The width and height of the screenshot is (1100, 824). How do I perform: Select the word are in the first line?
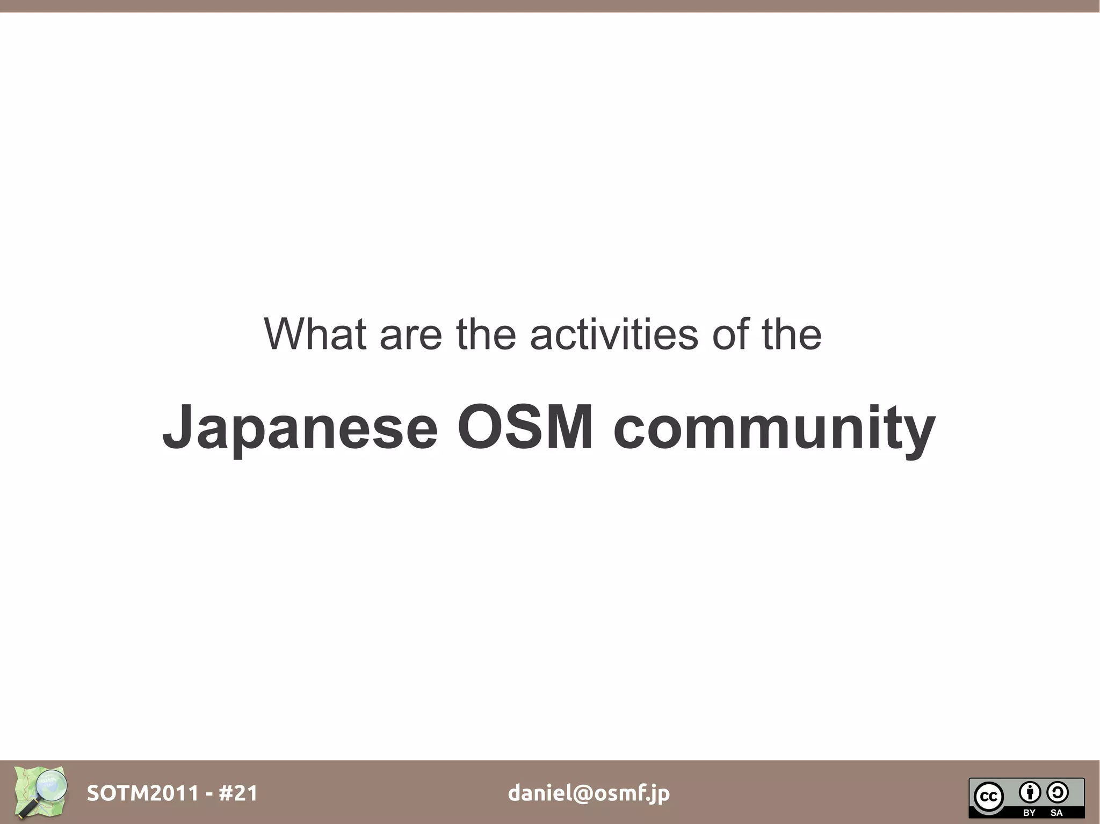point(410,335)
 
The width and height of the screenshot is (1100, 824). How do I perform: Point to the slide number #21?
point(238,793)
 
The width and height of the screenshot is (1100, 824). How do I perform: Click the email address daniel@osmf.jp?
point(589,793)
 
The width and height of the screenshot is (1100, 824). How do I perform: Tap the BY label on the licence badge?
point(1029,813)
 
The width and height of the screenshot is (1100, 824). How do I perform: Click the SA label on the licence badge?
point(1056,813)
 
